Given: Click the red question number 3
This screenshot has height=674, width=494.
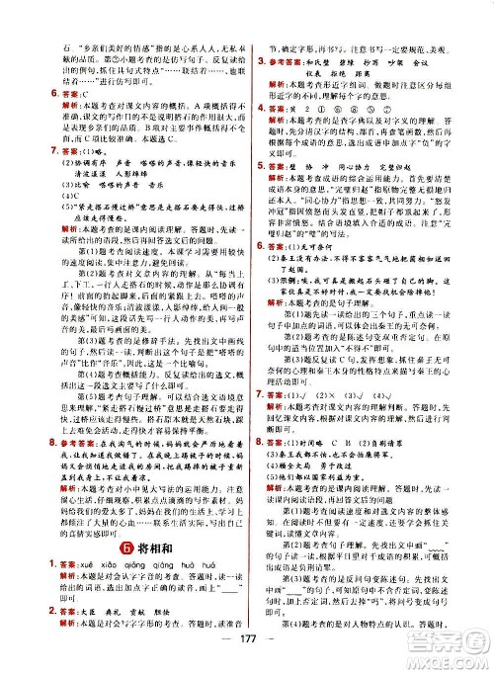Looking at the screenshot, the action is click(261, 58).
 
